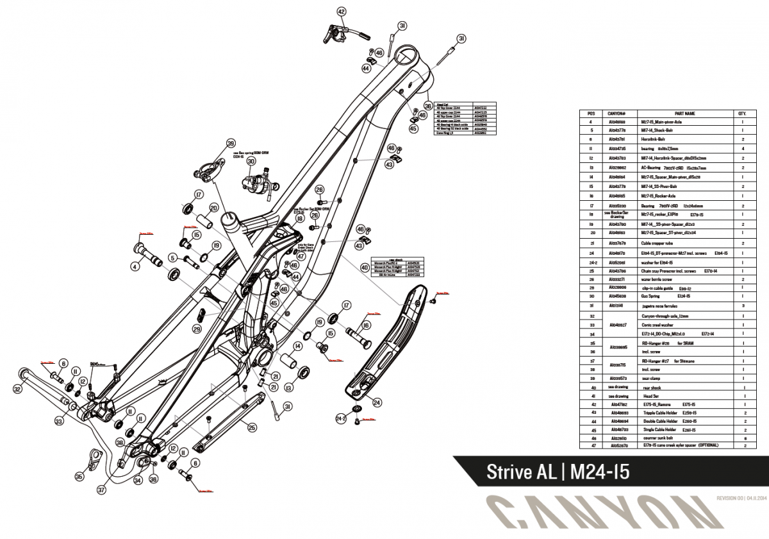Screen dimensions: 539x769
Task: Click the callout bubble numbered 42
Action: click(x=341, y=12)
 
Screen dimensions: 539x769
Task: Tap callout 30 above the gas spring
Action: click(x=251, y=161)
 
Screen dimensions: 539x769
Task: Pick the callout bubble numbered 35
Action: click(x=79, y=477)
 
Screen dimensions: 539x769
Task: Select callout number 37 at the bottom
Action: click(x=101, y=490)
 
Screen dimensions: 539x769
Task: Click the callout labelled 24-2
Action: click(x=341, y=418)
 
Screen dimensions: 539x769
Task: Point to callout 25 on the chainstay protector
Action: click(x=252, y=427)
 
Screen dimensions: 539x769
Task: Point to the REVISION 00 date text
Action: click(x=738, y=499)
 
